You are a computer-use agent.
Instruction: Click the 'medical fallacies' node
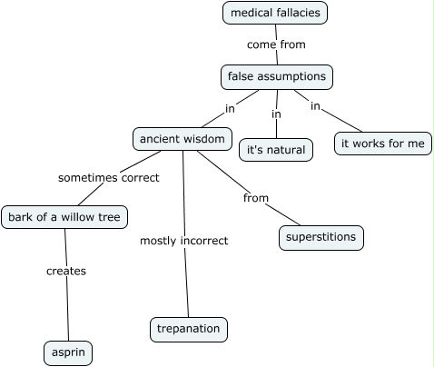pos(274,13)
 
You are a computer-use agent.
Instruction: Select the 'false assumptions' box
pos(276,77)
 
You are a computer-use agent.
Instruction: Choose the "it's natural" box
pos(276,149)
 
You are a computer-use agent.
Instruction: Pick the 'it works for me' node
pos(382,144)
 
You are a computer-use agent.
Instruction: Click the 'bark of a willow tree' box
pos(64,217)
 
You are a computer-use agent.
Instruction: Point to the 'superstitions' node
pos(321,238)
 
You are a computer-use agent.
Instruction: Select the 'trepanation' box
pos(188,329)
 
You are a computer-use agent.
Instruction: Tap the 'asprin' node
pos(68,352)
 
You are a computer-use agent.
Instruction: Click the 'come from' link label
pos(276,44)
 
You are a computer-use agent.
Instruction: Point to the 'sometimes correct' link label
pos(108,178)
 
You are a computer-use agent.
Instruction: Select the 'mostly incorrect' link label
pos(183,241)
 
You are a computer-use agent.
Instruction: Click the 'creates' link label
pos(65,271)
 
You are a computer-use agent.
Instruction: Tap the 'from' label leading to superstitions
pos(255,197)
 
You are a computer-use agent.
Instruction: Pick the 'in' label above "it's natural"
pos(276,114)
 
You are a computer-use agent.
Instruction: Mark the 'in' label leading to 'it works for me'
pos(315,106)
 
